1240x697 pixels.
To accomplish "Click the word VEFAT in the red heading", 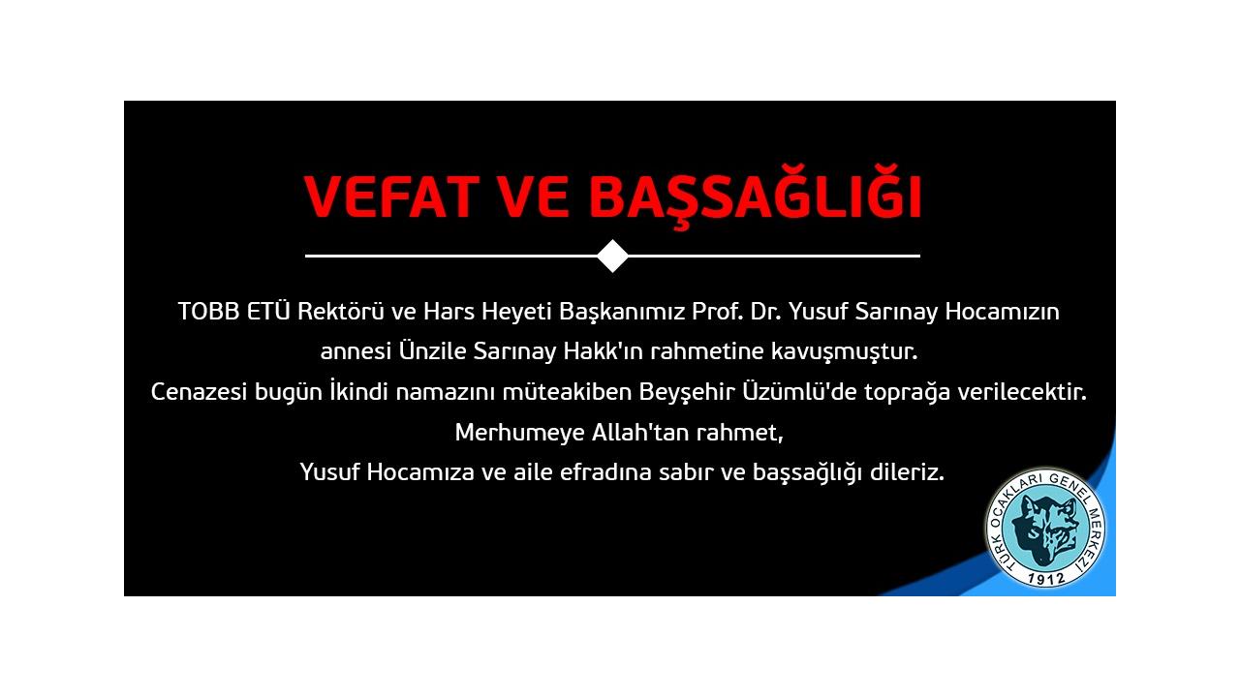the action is [391, 197].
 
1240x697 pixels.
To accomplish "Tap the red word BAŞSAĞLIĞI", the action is [755, 197].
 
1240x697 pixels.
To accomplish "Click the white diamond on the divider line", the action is [613, 257].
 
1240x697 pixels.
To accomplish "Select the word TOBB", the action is [208, 312].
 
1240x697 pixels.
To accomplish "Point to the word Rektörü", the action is [340, 312].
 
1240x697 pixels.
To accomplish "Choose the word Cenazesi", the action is [199, 392].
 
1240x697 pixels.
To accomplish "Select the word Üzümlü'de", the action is [800, 391].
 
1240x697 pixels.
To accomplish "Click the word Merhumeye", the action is [520, 433].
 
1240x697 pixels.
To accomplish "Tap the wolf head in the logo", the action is [1045, 530].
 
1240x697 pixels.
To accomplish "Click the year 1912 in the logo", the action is [1045, 578].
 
